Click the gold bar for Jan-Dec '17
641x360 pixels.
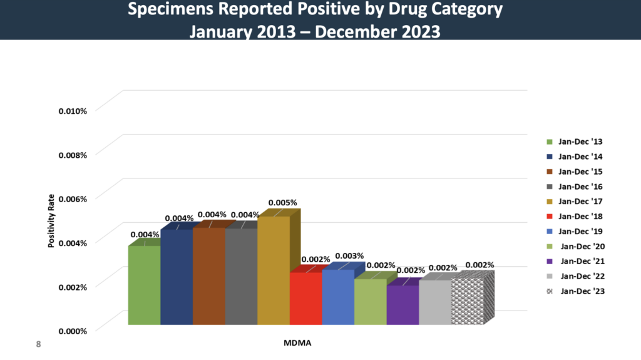(274, 270)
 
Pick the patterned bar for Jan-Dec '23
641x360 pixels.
(467, 301)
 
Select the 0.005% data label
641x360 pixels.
(282, 203)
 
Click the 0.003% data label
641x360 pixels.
(349, 256)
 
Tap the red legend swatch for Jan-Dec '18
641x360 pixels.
(549, 217)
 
